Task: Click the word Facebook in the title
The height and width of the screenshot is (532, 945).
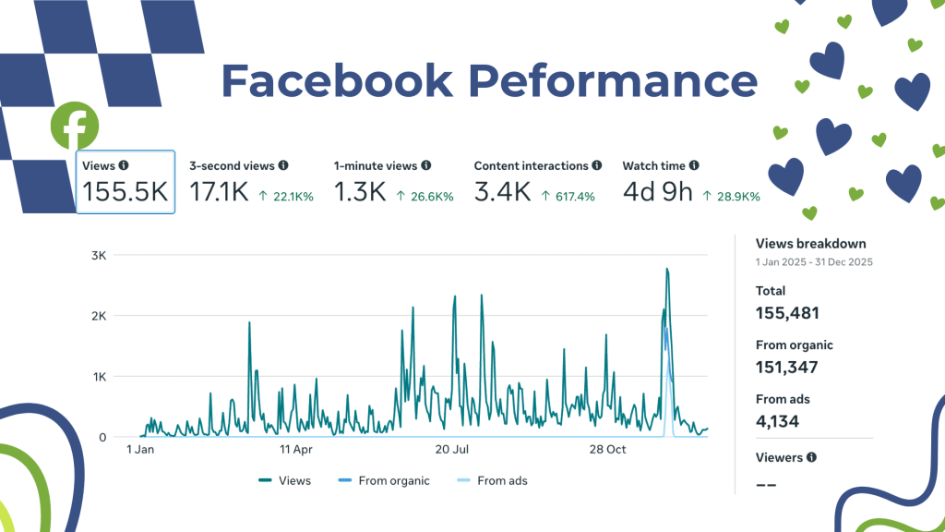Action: point(337,81)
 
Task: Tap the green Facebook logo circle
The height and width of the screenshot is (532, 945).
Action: point(75,126)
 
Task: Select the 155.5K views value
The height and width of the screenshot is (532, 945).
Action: point(125,192)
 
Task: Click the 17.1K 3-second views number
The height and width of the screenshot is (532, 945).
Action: point(217,192)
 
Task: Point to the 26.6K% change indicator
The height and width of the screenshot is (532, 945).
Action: point(425,197)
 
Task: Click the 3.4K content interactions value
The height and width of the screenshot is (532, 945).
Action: point(502,192)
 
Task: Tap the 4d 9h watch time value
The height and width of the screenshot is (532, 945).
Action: point(657,192)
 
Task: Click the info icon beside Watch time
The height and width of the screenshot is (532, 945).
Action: point(694,166)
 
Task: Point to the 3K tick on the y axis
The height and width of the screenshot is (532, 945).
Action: point(99,256)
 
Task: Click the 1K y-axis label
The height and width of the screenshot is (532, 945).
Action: point(99,377)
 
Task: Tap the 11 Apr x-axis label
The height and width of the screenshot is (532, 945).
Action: point(296,450)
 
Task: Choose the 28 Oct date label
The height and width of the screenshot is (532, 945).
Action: point(608,450)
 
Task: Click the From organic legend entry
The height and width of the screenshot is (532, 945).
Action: point(388,480)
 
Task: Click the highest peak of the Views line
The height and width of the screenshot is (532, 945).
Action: point(666,269)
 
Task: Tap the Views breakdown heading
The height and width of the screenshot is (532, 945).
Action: point(810,244)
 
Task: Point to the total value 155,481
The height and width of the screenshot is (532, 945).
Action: point(787,313)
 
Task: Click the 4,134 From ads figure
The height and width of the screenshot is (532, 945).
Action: point(777,422)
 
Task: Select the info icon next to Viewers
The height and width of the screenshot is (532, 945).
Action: point(811,457)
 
